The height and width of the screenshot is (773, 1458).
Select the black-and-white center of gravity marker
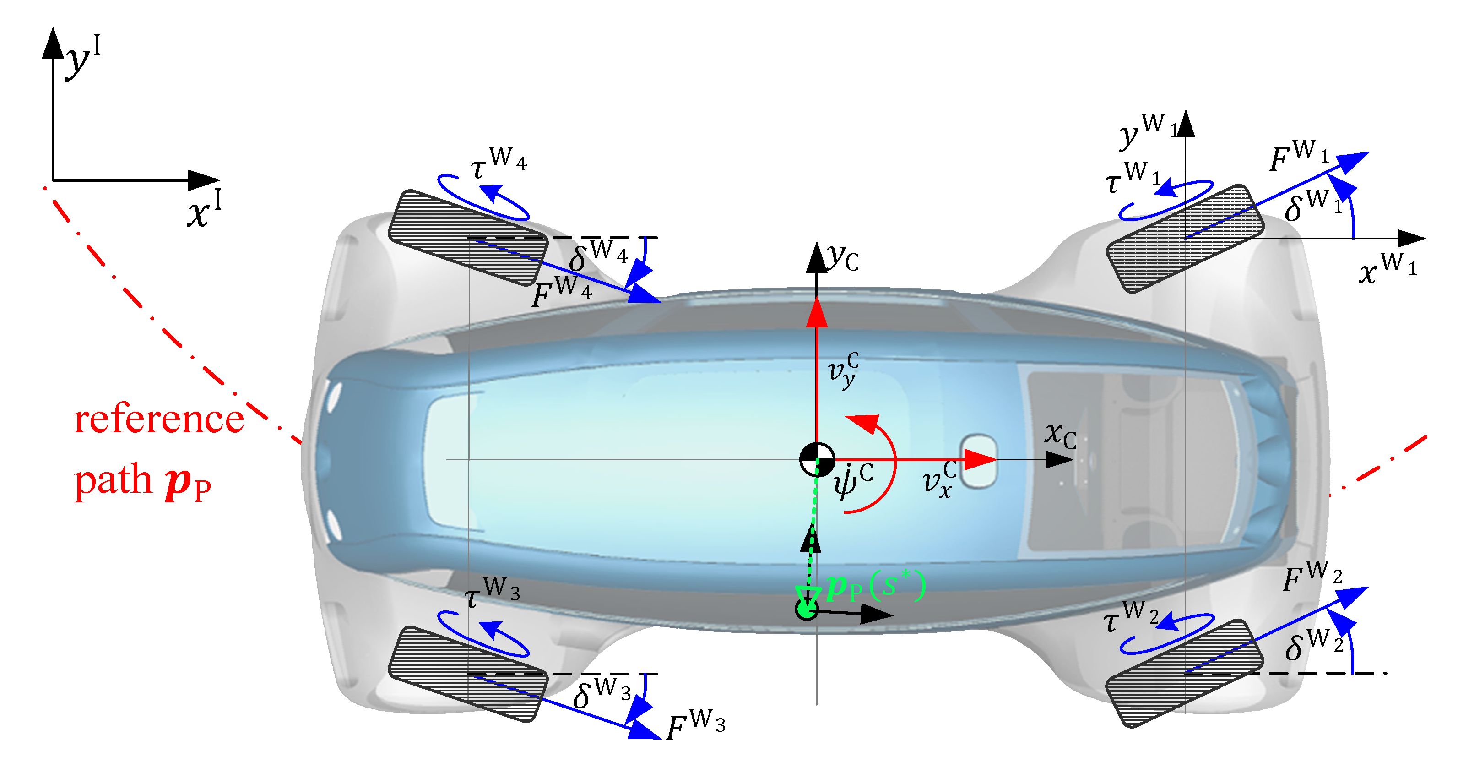click(817, 459)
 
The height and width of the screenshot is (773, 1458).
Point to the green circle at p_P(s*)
click(806, 610)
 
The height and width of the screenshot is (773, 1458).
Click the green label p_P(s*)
click(875, 586)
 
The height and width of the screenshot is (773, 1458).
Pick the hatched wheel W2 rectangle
click(1185, 673)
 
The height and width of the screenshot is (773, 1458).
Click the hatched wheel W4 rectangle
click(468, 238)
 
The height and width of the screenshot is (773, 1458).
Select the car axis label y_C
click(843, 258)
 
